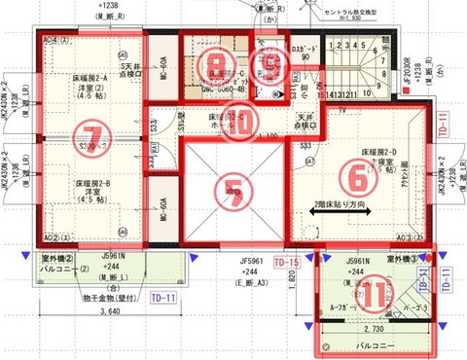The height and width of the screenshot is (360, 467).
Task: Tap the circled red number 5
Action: pyautogui.click(x=232, y=186)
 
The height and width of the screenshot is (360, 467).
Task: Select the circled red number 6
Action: pyautogui.click(x=361, y=175)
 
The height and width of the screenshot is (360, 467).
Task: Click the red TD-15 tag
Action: pyautogui.click(x=285, y=264)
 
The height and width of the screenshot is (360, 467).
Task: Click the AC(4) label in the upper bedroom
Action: pyautogui.click(x=52, y=39)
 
